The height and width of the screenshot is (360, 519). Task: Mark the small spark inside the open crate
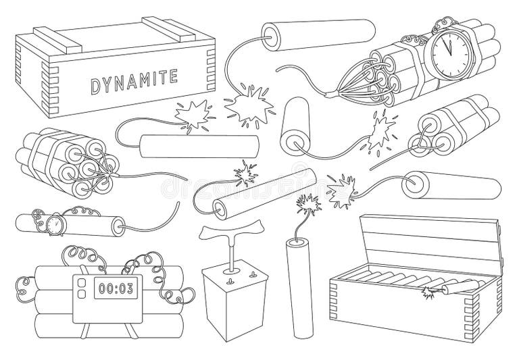[x=427, y=291]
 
